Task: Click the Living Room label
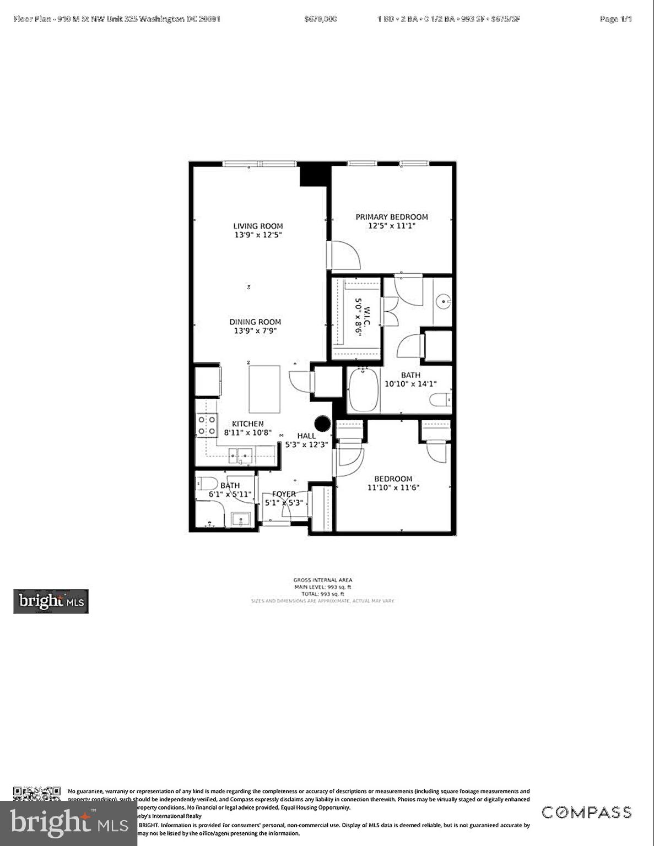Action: pyautogui.click(x=258, y=226)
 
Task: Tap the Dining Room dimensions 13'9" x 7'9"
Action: pyautogui.click(x=255, y=331)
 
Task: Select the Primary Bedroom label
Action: pyautogui.click(x=391, y=217)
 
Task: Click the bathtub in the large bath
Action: pyautogui.click(x=364, y=390)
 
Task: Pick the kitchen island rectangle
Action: pyautogui.click(x=264, y=389)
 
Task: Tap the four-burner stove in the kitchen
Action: pyautogui.click(x=207, y=425)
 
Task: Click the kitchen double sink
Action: pyautogui.click(x=241, y=456)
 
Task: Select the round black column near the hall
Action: pyautogui.click(x=322, y=424)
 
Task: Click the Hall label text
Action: pyautogui.click(x=306, y=436)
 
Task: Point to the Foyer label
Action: pyautogui.click(x=284, y=494)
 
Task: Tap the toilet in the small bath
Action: pyautogui.click(x=207, y=484)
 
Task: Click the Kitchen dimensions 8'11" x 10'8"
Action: pyautogui.click(x=247, y=433)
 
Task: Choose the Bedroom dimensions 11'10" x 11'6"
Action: pyautogui.click(x=393, y=487)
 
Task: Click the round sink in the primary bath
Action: pyautogui.click(x=444, y=301)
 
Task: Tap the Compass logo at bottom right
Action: pyautogui.click(x=586, y=812)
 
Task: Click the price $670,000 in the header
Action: pyautogui.click(x=320, y=19)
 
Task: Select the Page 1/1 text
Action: pyautogui.click(x=615, y=19)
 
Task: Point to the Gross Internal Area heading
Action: pyautogui.click(x=322, y=580)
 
